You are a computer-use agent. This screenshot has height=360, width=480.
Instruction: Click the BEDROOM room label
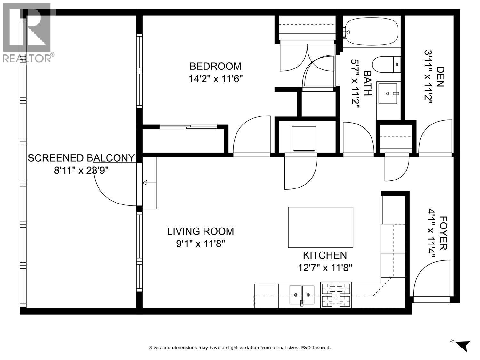(215, 66)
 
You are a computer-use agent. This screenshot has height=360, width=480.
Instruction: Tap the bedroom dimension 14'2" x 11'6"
(215, 79)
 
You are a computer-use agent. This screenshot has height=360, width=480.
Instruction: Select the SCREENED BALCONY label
(81, 158)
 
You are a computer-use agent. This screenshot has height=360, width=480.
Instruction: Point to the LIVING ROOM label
(201, 231)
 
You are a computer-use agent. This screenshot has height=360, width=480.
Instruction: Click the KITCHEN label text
(325, 255)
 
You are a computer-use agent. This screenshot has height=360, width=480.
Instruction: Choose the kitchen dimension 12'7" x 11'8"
(325, 268)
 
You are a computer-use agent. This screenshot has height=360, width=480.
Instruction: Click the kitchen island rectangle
(321, 227)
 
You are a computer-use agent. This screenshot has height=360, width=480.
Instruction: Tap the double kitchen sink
(302, 295)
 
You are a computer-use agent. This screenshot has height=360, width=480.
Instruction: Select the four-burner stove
(336, 295)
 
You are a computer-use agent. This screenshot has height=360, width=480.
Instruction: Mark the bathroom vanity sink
(388, 93)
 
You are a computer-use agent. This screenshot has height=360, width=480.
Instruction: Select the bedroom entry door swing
(251, 136)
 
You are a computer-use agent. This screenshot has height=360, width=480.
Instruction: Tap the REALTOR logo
(27, 32)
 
